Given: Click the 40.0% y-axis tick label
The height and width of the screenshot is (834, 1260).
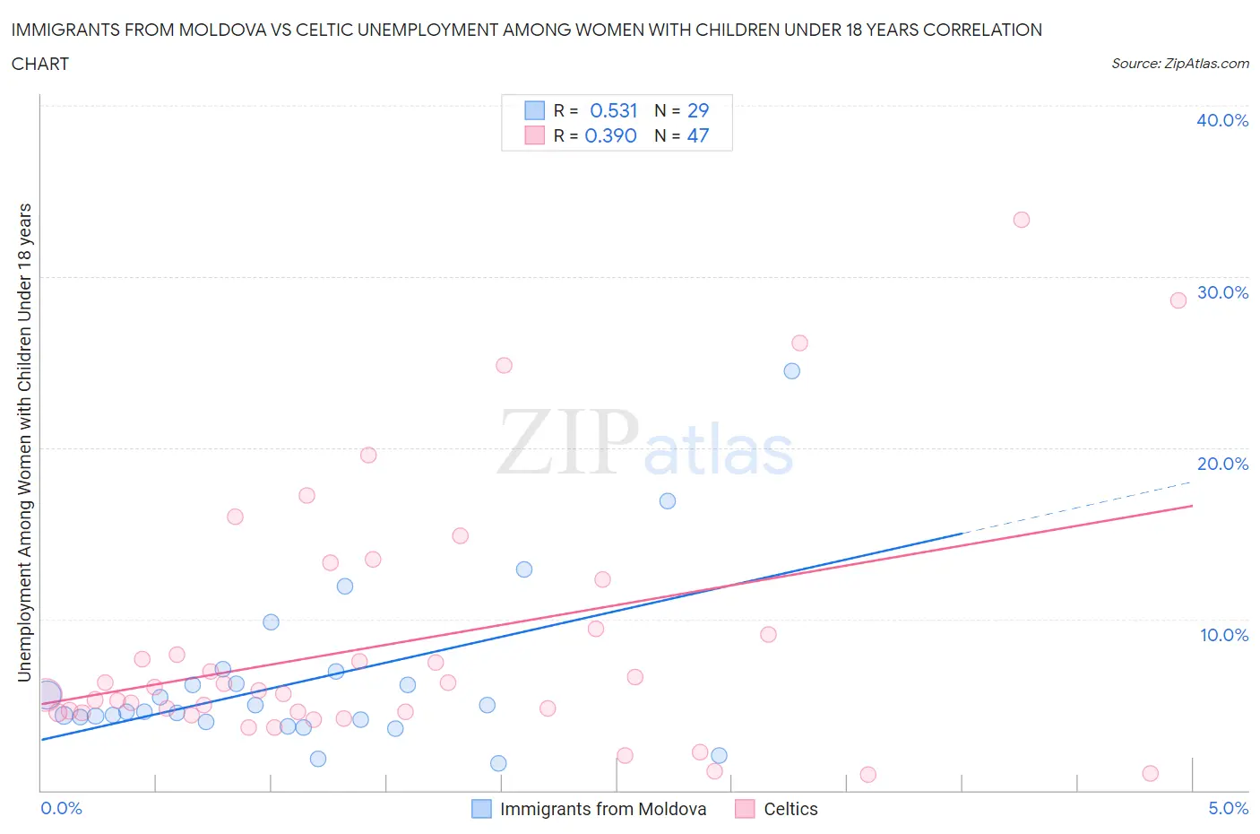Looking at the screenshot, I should coord(1221,120).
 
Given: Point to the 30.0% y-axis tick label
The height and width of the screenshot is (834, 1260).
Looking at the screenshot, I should coord(1221,292).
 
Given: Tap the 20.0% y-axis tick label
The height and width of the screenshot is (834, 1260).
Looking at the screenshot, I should coord(1221,464).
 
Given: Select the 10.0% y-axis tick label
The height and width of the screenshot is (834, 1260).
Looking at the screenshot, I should coord(1223,635).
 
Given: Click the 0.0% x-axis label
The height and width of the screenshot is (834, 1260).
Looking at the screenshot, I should coord(61,808).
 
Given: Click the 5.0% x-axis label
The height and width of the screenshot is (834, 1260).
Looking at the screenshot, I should coord(1228,808).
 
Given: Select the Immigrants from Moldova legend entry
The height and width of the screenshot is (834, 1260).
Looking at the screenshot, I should coord(602,809).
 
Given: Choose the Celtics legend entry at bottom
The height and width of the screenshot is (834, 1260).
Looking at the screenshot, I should coord(790,809).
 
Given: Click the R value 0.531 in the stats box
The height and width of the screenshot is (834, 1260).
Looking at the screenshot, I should coord(613,110).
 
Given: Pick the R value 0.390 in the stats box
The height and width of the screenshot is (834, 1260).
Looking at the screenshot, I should coord(610,135).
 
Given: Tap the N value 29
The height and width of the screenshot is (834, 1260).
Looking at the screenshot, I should coord(697,110).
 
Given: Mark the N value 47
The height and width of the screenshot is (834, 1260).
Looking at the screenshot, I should coord(697,135).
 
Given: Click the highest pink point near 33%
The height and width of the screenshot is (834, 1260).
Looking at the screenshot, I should coord(1021,220).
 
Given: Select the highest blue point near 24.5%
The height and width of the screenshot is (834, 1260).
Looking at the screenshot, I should coord(791,371).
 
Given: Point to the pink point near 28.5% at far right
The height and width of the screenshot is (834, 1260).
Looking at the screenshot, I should coord(1178,300).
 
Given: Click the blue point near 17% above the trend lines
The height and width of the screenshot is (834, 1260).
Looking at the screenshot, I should coord(667,501).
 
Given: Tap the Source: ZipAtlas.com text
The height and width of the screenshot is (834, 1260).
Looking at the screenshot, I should coord(1179,64).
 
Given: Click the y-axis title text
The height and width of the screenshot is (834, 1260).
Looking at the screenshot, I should coord(24,442).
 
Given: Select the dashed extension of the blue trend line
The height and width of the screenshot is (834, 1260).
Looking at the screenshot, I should coord(1075,508).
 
